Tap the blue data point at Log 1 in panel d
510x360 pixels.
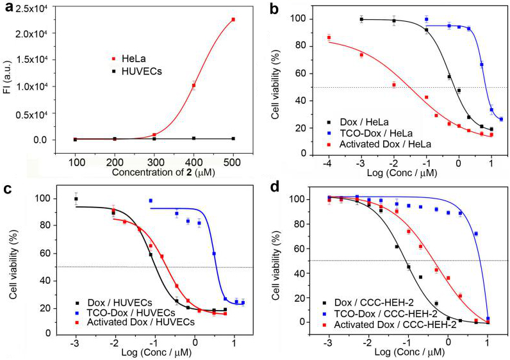coord(488,318)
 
